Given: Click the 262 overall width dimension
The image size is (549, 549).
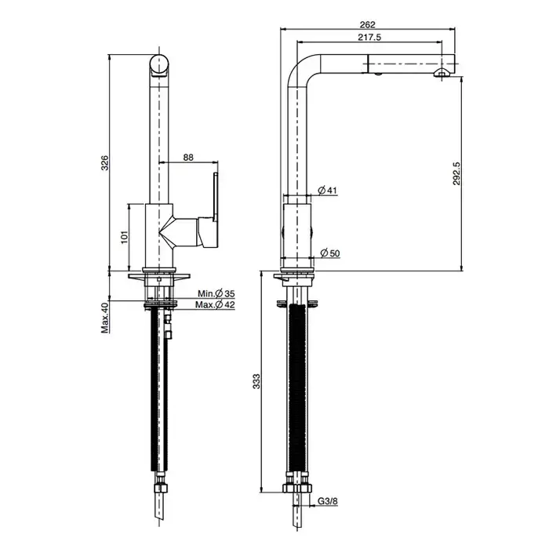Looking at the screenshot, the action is point(367,24).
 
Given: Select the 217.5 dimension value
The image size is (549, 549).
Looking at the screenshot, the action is point(369,37).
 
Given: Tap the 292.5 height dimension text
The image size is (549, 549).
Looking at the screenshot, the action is point(456,173).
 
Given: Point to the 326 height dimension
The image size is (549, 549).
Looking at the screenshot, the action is point(104,163).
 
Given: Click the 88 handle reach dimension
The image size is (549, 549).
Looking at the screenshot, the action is point(188,158).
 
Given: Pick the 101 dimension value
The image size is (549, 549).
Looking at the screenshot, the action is point(125,237).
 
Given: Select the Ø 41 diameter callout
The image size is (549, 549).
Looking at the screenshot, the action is point(327,190).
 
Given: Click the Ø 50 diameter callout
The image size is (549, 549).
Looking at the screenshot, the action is point(330,253).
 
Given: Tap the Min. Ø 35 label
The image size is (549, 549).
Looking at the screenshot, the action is point(216,293).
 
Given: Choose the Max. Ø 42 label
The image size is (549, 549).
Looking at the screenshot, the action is point(215,305).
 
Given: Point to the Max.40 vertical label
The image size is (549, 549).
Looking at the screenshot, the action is point(105,318).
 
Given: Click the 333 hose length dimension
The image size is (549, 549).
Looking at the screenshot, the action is point(256,381).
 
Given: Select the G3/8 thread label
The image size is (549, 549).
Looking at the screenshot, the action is point(328,501).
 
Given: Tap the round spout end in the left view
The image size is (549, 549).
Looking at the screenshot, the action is point(160,65).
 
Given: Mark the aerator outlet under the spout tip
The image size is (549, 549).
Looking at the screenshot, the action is point(442,73).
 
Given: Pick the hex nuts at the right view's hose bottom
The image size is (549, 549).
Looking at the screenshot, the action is point(297,488).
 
